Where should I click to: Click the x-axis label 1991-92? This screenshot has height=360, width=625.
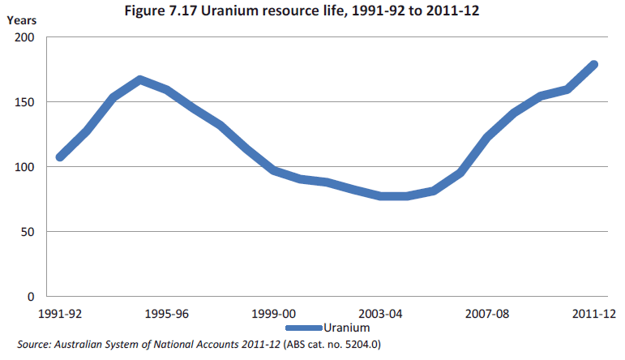pyautogui.click(x=59, y=314)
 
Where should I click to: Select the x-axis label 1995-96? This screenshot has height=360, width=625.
pyautogui.click(x=166, y=314)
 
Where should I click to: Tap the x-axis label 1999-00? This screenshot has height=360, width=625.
pyautogui.click(x=272, y=314)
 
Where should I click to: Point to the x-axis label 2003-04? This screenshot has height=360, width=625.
pyautogui.click(x=379, y=314)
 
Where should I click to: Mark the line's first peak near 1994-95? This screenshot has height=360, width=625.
pyautogui.click(x=140, y=79)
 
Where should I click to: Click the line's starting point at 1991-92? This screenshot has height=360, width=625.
pyautogui.click(x=59, y=157)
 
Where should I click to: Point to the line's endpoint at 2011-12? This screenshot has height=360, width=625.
pyautogui.click(x=593, y=65)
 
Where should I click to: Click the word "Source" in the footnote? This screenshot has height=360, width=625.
pyautogui.click(x=33, y=345)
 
